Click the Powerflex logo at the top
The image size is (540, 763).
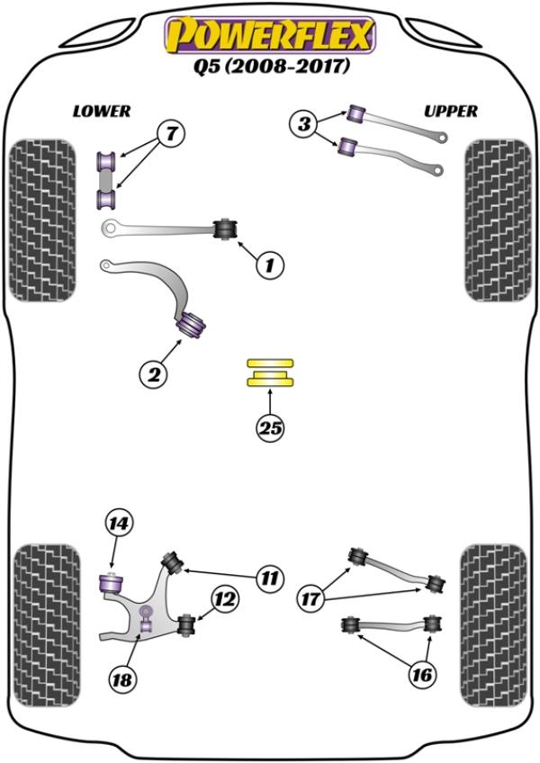[269, 36]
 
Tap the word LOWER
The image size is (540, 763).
[102, 112]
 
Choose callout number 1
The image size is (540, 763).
[269, 264]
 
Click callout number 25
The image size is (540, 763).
[270, 429]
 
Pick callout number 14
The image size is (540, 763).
[118, 522]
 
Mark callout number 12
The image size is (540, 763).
[226, 596]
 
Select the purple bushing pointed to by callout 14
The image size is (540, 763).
[110, 583]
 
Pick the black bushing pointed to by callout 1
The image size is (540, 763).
[225, 229]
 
